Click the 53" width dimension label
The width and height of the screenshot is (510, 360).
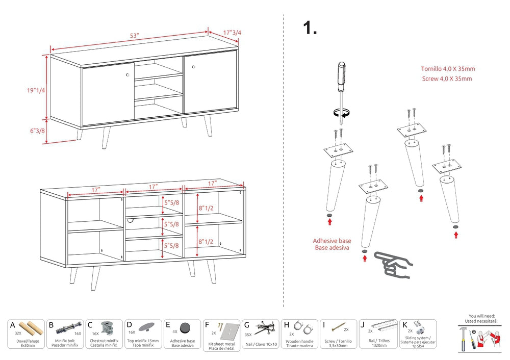[134, 36]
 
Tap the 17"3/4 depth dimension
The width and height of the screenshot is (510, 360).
[233, 33]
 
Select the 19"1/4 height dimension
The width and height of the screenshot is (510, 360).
[36, 90]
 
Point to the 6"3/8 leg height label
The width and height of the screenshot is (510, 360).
[37, 131]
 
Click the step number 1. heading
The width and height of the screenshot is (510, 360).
[310, 28]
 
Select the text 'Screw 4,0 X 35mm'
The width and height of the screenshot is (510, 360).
[447, 79]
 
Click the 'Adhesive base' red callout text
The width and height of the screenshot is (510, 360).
[331, 241]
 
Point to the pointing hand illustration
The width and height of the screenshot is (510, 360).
[393, 264]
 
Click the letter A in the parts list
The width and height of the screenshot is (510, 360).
[12, 324]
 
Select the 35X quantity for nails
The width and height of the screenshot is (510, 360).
[248, 335]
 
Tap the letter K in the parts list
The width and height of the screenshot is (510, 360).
[404, 324]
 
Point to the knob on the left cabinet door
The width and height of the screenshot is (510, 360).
[127, 75]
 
